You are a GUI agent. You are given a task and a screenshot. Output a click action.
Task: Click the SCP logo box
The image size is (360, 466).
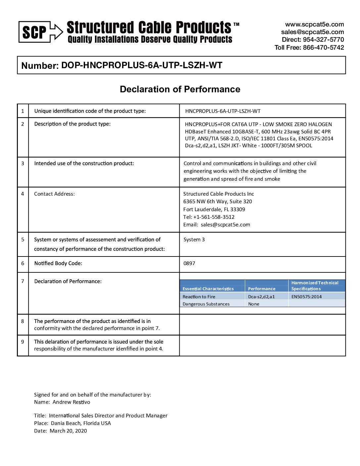click(x=34, y=32)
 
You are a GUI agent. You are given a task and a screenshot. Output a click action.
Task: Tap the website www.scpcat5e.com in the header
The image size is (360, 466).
click(x=314, y=24)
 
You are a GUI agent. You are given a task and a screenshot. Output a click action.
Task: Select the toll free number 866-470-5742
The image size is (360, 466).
click(x=323, y=47)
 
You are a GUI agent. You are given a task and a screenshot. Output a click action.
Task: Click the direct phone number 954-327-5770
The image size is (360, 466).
click(x=323, y=40)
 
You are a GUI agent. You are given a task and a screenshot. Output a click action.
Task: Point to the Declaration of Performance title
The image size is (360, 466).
click(x=180, y=89)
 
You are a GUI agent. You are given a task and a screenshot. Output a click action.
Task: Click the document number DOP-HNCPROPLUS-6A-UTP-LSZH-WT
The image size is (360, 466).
click(x=142, y=65)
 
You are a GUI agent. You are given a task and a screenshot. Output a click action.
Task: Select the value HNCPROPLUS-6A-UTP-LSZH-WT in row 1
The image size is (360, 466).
click(x=223, y=111)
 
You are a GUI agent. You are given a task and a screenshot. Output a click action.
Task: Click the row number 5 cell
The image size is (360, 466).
click(x=22, y=239)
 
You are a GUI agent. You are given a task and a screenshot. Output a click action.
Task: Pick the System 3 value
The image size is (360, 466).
click(x=194, y=240)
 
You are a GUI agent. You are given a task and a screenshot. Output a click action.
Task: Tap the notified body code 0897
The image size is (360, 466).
click(x=189, y=263)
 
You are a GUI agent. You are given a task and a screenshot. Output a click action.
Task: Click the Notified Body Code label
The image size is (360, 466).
click(x=58, y=263)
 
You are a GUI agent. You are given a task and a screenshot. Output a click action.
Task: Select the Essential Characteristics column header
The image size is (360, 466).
click(x=208, y=289)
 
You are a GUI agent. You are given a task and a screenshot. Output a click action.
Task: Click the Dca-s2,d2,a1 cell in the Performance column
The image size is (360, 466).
click(x=261, y=297)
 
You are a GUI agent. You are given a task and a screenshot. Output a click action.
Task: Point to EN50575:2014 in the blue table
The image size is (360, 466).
click(x=306, y=297)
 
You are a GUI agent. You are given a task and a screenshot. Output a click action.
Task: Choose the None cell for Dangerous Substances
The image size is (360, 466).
click(x=254, y=304)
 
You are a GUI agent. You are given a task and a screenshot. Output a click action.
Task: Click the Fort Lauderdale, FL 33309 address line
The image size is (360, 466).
click(x=214, y=210)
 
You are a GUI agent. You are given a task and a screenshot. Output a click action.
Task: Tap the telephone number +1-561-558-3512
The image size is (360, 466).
click(x=214, y=217)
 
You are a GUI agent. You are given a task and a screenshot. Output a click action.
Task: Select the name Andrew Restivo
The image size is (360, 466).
click(x=71, y=402)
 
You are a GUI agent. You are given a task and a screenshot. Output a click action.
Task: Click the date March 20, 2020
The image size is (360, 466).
click(x=68, y=431)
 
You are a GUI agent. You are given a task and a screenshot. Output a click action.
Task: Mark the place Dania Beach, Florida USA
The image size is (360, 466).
click(x=81, y=423)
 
